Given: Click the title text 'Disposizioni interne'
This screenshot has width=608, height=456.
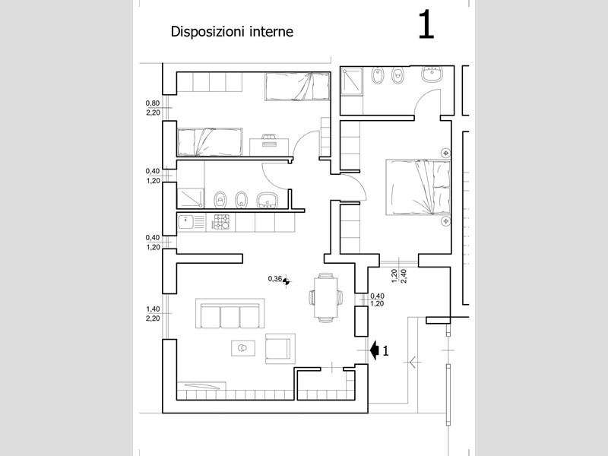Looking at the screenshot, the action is (x=232, y=32).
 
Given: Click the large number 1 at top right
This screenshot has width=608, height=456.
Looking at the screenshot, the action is (x=426, y=25).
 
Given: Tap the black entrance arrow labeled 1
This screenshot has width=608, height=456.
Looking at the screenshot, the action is (x=374, y=350).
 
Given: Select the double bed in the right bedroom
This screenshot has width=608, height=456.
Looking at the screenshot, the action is (x=418, y=186).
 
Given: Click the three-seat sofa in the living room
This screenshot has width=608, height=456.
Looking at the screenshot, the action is (x=230, y=313).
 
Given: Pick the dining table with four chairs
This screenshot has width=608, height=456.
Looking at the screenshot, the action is (x=326, y=297).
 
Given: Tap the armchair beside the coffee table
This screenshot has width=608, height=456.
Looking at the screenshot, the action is (x=278, y=349).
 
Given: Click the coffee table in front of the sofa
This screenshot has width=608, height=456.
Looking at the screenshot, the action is (x=243, y=348).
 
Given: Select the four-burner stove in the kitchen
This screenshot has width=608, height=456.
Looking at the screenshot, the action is (x=222, y=222).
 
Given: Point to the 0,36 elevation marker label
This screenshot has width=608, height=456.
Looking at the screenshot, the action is (x=275, y=278).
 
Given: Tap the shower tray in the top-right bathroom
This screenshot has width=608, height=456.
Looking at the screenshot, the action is (x=352, y=81).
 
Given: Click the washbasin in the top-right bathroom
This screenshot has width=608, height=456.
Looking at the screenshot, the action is (x=432, y=74).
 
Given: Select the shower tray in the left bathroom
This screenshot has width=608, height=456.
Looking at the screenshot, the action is (x=190, y=198).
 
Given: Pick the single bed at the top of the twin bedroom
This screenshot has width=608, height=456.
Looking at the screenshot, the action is (x=297, y=86).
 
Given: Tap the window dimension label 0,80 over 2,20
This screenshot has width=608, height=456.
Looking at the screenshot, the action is (x=153, y=108).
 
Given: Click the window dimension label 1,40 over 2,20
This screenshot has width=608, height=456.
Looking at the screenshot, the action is (x=153, y=314).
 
